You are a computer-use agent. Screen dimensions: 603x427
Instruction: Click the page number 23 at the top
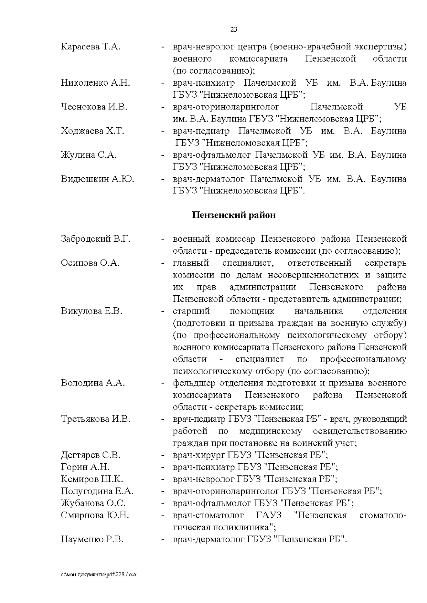[x=234, y=29]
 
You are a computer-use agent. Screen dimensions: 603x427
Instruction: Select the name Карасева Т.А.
[x=91, y=47]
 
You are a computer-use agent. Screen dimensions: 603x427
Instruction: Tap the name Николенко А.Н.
[x=95, y=83]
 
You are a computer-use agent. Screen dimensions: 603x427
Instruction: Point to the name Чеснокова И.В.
[x=94, y=107]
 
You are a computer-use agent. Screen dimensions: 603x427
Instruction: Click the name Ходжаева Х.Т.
[x=93, y=131]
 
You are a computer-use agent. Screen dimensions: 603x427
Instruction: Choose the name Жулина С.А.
[x=89, y=155]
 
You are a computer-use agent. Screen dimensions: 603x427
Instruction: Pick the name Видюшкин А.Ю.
[x=97, y=179]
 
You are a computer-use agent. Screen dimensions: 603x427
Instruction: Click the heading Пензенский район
[x=234, y=215]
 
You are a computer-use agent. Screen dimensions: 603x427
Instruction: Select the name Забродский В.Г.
[x=96, y=239]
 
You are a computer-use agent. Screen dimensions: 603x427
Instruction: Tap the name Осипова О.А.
[x=90, y=263]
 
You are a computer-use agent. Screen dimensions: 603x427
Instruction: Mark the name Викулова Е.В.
[x=91, y=311]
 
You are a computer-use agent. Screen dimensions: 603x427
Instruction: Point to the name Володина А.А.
[x=93, y=383]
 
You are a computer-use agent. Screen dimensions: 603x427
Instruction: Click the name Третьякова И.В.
[x=96, y=419]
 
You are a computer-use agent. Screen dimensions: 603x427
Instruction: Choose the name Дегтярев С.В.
[x=91, y=455]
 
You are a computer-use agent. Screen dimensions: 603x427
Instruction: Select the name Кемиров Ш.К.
[x=92, y=479]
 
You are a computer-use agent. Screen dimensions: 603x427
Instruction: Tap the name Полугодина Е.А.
[x=97, y=491]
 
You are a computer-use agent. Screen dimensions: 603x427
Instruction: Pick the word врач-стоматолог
[x=208, y=516]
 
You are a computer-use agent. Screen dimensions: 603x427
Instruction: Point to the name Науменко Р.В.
[x=92, y=539]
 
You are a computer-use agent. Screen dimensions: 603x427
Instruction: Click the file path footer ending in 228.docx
[x=99, y=575]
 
